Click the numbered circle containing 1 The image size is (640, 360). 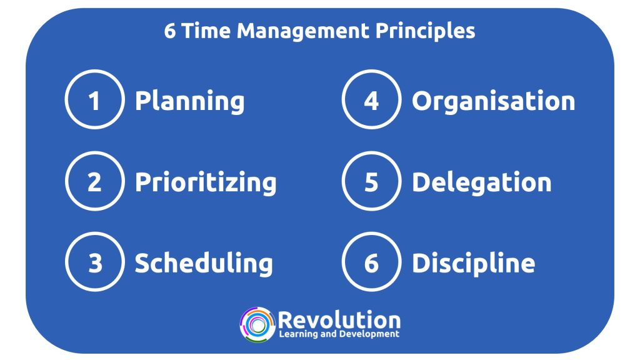click(x=94, y=101)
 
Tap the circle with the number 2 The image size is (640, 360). click(x=94, y=182)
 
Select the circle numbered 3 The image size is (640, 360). click(x=94, y=263)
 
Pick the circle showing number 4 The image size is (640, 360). click(x=371, y=101)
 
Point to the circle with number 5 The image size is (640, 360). click(x=371, y=182)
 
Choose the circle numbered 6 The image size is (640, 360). click(x=371, y=263)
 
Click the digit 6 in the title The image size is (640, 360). click(x=170, y=31)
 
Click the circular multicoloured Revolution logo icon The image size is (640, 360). click(x=257, y=324)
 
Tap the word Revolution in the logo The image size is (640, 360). click(x=339, y=320)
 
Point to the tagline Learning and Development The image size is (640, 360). click(x=339, y=334)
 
